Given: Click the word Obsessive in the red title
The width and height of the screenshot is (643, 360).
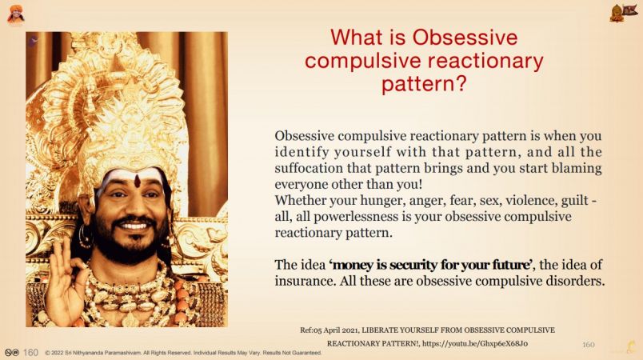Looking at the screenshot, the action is [x=465, y=38].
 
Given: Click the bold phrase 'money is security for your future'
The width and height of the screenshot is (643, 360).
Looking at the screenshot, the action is [x=432, y=265].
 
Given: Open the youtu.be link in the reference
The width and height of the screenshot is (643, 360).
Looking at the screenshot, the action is [x=475, y=343].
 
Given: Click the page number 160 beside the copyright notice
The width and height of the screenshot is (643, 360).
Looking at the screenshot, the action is [x=30, y=352].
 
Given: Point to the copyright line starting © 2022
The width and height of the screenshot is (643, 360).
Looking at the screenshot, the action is [x=183, y=353].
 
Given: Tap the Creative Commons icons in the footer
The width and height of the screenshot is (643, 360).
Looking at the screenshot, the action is [x=12, y=352].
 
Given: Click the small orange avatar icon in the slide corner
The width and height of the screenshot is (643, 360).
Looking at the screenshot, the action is [x=15, y=14].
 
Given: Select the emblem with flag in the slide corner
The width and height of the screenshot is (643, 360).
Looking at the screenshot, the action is [x=623, y=13].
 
